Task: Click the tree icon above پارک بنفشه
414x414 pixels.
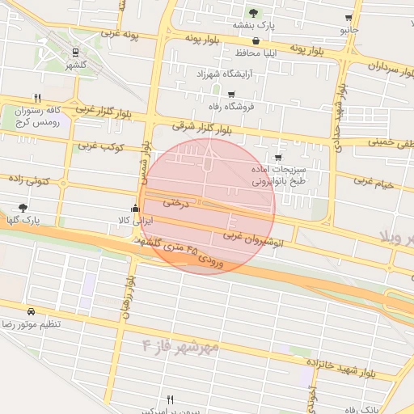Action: click(x=254, y=13)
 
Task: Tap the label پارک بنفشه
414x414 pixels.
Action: click(x=254, y=26)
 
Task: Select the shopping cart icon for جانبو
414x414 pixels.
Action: click(x=349, y=18)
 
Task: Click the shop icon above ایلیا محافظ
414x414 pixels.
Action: click(x=256, y=41)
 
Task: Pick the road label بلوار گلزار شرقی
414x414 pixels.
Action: click(x=207, y=129)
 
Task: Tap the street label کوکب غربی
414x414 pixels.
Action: click(x=99, y=147)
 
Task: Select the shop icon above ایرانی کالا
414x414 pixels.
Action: click(x=135, y=208)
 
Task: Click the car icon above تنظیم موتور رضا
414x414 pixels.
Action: click(x=31, y=311)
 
